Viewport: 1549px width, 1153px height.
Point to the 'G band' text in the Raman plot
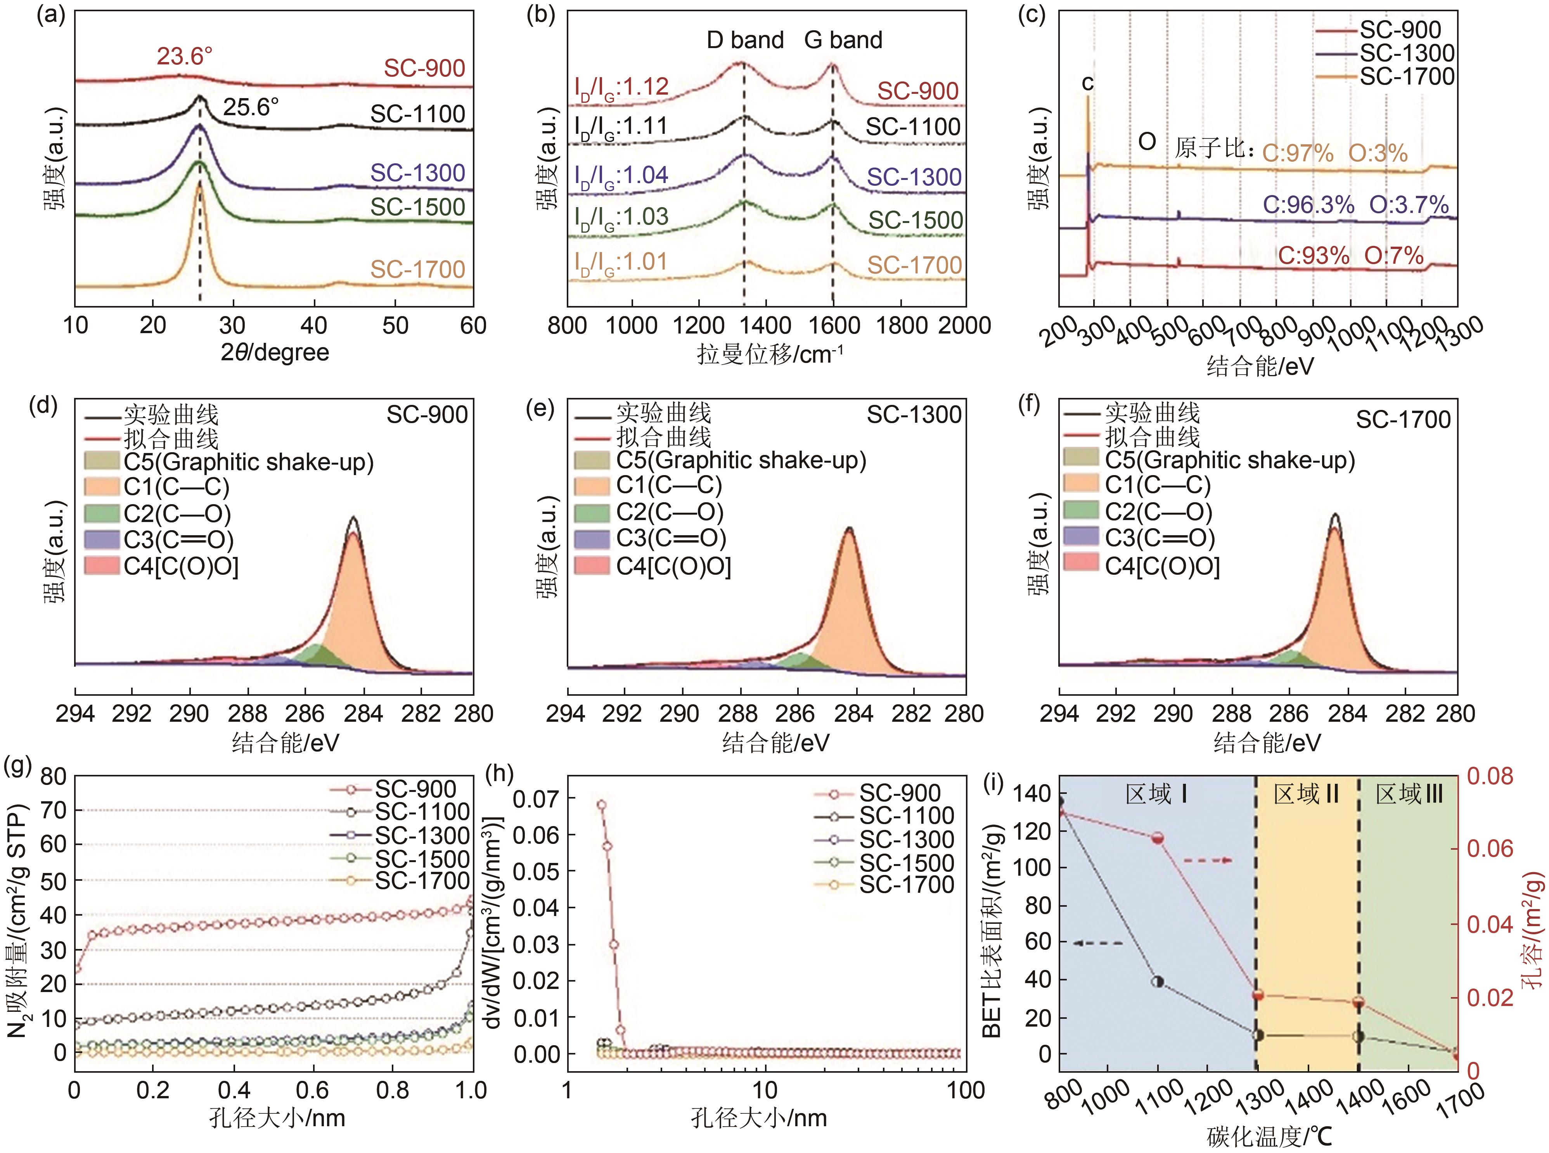point(843,40)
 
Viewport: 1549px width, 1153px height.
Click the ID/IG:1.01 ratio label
point(621,263)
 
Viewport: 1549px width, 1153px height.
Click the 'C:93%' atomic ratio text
point(1313,256)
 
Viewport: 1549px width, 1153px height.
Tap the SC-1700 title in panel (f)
point(1403,420)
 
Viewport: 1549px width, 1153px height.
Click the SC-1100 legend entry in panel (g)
point(422,812)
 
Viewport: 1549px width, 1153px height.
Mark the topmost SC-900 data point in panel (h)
point(601,805)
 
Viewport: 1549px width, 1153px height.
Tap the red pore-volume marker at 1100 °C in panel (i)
point(1158,838)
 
